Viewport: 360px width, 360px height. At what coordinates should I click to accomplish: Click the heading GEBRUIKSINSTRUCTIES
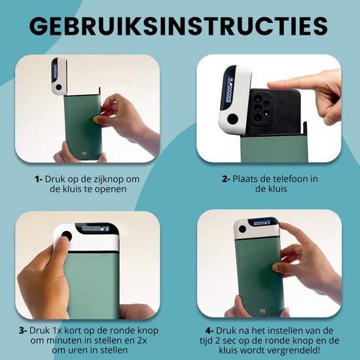[x=179, y=26]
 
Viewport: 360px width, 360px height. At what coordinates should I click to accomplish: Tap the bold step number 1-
[x=39, y=179]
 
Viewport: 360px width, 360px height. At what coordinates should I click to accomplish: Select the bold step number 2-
[x=226, y=179]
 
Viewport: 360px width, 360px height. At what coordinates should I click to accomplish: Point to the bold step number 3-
[x=23, y=331]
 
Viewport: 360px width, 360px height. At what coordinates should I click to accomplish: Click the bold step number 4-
[x=209, y=331]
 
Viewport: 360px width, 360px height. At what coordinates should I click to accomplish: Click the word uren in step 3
[x=74, y=351]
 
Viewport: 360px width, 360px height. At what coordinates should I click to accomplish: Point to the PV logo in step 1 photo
[x=84, y=153]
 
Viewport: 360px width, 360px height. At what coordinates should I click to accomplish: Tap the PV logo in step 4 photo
[x=262, y=312]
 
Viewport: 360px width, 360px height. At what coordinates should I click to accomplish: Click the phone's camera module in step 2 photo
[x=261, y=109]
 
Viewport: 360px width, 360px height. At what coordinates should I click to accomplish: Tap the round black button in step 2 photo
[x=233, y=118]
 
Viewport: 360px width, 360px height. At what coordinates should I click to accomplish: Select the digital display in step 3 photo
[x=95, y=228]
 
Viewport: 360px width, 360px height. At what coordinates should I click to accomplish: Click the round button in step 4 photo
[x=242, y=229]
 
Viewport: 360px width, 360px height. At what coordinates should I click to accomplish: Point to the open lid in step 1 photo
[x=59, y=76]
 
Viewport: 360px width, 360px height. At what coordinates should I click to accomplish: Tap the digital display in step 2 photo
[x=228, y=90]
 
